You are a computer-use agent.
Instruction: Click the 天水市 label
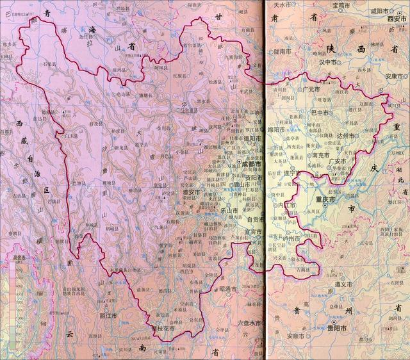point(283,5)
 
